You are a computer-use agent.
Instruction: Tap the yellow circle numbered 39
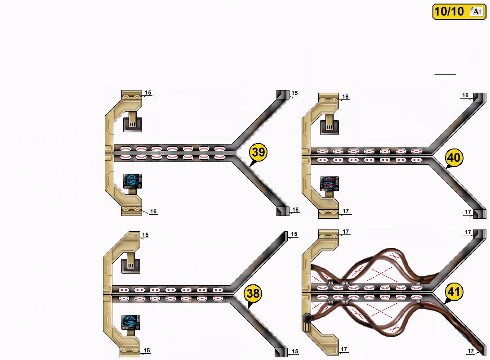point(258,153)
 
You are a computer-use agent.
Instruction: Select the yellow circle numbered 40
point(454,158)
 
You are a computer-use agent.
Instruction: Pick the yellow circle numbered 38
point(253,294)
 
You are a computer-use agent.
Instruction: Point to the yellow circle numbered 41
point(454,292)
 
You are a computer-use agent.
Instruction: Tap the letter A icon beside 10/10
point(476,12)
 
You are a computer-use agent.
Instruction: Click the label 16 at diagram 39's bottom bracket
point(153,211)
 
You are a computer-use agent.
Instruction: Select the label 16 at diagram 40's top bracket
point(345,97)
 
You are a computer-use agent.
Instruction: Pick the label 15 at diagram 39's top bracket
point(148,93)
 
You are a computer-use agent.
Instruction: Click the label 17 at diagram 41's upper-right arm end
point(468,232)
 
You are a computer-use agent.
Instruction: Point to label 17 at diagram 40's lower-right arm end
point(468,212)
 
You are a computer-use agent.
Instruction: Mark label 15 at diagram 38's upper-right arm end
point(294,234)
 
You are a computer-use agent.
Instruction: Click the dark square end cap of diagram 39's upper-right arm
point(282,95)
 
